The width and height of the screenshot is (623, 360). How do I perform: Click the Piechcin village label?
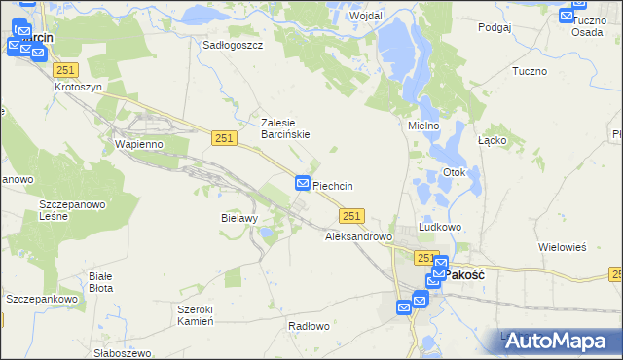coord(346,186)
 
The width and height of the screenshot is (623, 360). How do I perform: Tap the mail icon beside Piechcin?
coord(303,183)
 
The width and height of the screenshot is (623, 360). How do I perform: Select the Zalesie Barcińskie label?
coord(285,128)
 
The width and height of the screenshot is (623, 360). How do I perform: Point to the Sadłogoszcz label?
coord(233,45)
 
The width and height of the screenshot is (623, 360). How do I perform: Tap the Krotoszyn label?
coord(78,87)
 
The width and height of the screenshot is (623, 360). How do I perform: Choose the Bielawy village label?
coord(238,219)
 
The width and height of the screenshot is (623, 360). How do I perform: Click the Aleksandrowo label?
coord(357,236)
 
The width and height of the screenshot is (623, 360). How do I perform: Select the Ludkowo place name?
coord(439,226)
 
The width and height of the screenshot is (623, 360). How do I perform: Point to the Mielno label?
coord(424,126)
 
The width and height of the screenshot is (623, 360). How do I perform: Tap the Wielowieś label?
coord(563,247)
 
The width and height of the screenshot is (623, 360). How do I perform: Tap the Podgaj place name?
coord(495,28)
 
